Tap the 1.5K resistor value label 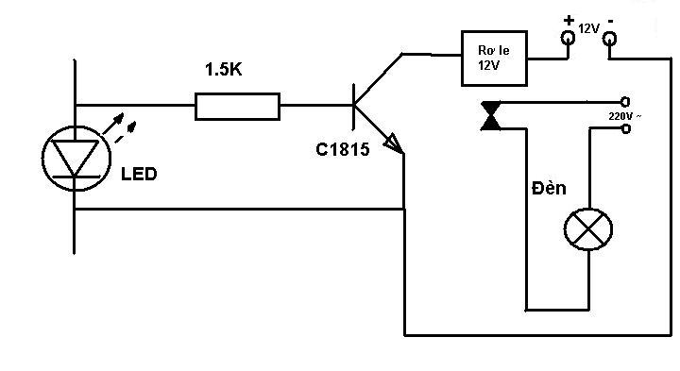223,69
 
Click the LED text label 139,175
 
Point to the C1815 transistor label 343,149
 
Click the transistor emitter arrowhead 394,143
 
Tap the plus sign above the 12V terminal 569,20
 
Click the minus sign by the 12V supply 611,21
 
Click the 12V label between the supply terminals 588,29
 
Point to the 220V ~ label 624,116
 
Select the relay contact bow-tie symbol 490,116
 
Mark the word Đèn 549,188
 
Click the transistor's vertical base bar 354,107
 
